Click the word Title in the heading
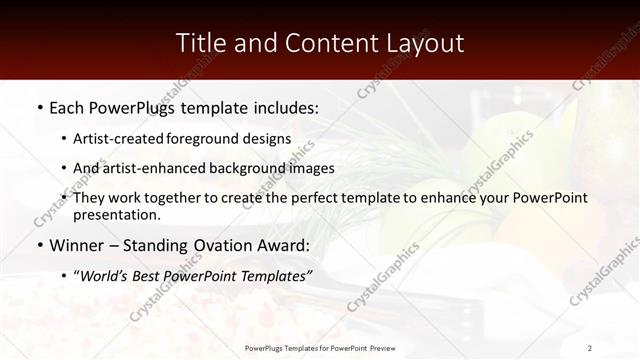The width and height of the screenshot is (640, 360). pos(200,43)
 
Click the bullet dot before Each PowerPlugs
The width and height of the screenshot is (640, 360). pos(39,105)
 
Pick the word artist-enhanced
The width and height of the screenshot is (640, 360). pos(148,168)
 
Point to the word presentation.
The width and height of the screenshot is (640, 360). pos(117,214)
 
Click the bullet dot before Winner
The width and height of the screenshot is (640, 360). pos(39,244)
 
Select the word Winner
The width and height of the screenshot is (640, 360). pos(78,244)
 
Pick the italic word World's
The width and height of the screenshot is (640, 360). pos(107,274)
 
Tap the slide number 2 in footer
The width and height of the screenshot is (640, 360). pos(590,348)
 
